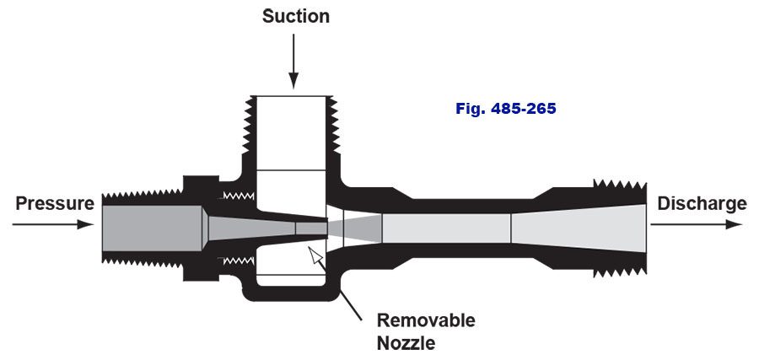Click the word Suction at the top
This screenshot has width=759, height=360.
point(295,16)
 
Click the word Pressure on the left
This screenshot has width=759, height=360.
point(54,203)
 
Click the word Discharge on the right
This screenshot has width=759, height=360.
point(702,203)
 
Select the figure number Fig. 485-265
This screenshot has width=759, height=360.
point(505,109)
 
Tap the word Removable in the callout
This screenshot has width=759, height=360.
point(425,320)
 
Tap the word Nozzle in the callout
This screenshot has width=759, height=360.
point(406,343)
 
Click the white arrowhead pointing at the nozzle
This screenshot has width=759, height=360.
point(315,255)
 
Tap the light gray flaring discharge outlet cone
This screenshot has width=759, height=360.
point(582,225)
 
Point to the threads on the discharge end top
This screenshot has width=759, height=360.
point(620,185)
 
